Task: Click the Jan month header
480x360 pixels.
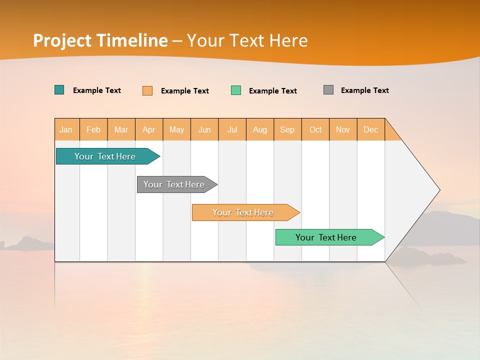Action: pyautogui.click(x=66, y=129)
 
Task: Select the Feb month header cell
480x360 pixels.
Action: pyautogui.click(x=93, y=129)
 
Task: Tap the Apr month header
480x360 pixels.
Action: pyautogui.click(x=149, y=129)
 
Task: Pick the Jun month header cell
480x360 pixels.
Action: pyautogui.click(x=204, y=129)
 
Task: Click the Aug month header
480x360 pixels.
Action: pyautogui.click(x=260, y=129)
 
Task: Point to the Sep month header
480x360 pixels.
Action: pyautogui.click(x=287, y=129)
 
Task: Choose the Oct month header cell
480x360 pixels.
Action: pyautogui.click(x=315, y=129)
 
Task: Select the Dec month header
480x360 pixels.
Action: pyautogui.click(x=371, y=129)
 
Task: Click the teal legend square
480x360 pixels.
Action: pyautogui.click(x=59, y=90)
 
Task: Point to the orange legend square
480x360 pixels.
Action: pyautogui.click(x=147, y=90)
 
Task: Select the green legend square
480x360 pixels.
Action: pyautogui.click(x=236, y=90)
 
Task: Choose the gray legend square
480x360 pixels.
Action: pyautogui.click(x=328, y=90)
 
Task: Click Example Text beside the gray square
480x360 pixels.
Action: pyautogui.click(x=364, y=90)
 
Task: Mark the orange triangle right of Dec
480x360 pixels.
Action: pyautogui.click(x=392, y=133)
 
